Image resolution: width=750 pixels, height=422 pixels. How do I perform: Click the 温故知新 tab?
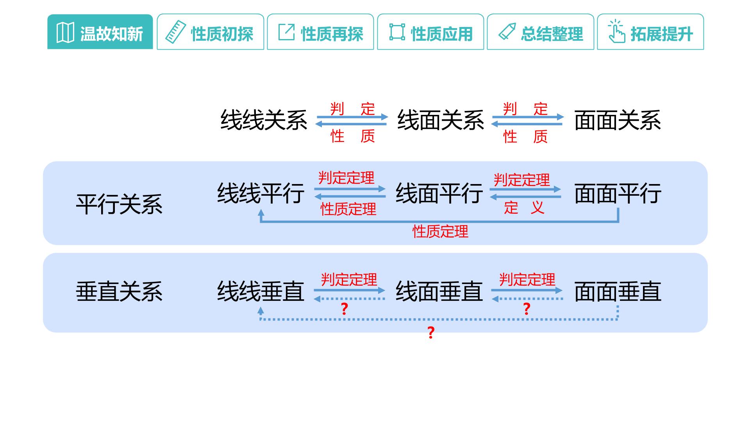coord(100,32)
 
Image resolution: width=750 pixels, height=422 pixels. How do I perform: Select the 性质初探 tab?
coord(211,32)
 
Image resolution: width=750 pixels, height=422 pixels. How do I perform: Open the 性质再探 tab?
coord(320,32)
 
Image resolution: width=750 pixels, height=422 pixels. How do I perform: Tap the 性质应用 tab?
coord(430,32)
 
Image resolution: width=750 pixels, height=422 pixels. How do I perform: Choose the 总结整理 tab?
coord(541,32)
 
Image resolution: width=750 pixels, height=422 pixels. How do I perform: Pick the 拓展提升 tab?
coord(650,32)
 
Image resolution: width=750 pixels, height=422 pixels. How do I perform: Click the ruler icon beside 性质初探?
coord(175,32)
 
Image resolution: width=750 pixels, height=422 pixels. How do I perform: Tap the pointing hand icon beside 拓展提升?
coord(616,32)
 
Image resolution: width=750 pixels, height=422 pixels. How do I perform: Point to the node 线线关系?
coord(264,120)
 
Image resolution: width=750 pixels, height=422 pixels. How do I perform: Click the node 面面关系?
coord(618,120)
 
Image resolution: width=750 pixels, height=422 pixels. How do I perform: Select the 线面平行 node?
coord(439,193)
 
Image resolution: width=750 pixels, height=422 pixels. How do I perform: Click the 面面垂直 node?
coord(618,291)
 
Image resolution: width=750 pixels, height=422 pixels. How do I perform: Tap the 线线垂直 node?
coord(261,291)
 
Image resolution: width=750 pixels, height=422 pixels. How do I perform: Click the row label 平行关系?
coord(119,204)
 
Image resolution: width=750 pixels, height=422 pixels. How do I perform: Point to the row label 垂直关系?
coord(119,291)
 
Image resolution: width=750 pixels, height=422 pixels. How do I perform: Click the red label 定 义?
coord(524,207)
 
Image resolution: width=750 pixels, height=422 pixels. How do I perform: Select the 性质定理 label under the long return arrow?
coord(440,232)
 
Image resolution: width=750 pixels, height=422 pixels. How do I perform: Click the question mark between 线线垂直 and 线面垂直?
coord(344,309)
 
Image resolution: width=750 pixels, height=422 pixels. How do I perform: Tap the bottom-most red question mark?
coord(431,333)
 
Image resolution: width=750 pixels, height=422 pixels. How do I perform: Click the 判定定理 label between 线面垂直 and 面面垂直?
coord(527,280)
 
